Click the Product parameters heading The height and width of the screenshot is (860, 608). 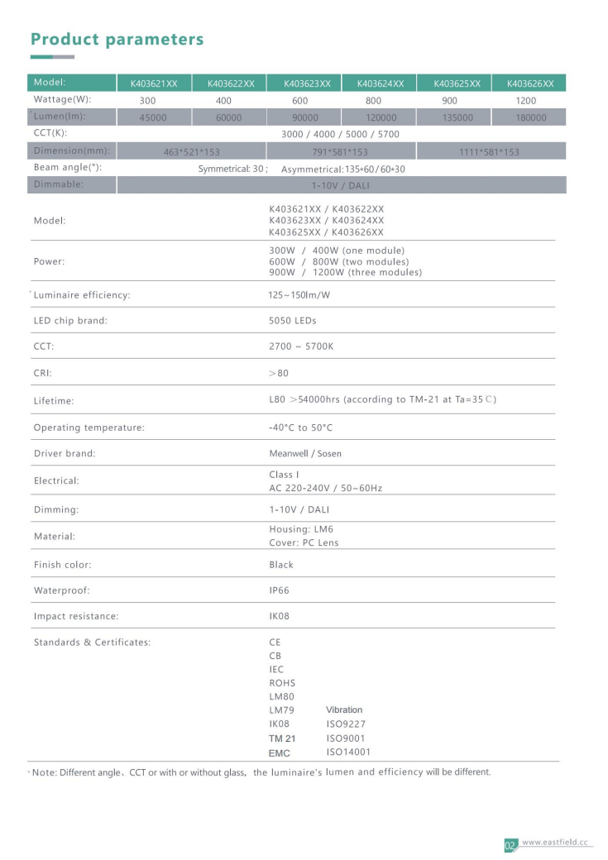tap(117, 39)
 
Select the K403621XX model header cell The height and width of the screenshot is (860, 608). tap(154, 84)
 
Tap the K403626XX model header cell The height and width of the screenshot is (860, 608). tap(530, 84)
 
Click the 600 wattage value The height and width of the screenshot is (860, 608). tap(299, 100)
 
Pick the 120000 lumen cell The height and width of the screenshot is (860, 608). tap(381, 117)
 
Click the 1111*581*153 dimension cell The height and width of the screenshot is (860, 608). tap(489, 152)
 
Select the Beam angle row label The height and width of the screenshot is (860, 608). tap(68, 168)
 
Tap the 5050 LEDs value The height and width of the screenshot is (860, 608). tap(293, 320)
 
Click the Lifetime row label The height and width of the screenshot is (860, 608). tap(54, 401)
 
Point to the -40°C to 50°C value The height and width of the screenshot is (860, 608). tap(300, 428)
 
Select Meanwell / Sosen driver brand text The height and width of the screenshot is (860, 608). tap(305, 453)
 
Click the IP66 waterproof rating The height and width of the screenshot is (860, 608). tap(280, 590)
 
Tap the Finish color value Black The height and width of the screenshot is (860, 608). tap(281, 565)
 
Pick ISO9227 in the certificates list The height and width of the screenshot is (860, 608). tap(346, 724)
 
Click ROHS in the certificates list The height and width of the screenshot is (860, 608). tap(282, 683)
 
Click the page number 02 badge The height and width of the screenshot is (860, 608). tap(510, 845)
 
